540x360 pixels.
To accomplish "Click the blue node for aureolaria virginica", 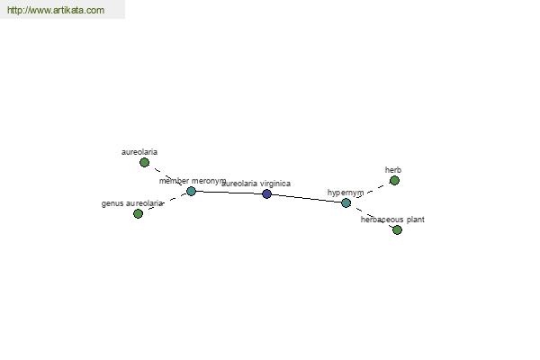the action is pyautogui.click(x=266, y=194).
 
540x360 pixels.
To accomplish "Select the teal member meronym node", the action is pyautogui.click(x=191, y=191).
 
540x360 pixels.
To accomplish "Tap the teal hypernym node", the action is pyautogui.click(x=346, y=202).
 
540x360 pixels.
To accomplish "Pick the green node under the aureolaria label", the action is pyautogui.click(x=145, y=162).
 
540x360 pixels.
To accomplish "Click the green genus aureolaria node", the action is pyautogui.click(x=138, y=213).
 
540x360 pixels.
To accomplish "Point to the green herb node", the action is pyautogui.click(x=395, y=181).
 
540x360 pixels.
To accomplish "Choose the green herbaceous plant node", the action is pyautogui.click(x=397, y=229).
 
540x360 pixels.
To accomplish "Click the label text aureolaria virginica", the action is pyautogui.click(x=256, y=184).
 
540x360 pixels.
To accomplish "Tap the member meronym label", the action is pyautogui.click(x=193, y=181).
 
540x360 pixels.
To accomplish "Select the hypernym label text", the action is pyautogui.click(x=346, y=193).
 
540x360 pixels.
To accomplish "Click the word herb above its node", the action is pyautogui.click(x=393, y=170).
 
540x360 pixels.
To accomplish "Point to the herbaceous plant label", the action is pyautogui.click(x=392, y=220).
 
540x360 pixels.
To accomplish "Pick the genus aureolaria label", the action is pyautogui.click(x=132, y=203).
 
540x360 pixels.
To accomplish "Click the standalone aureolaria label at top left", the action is pyautogui.click(x=139, y=152).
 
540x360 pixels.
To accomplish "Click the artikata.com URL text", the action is pyautogui.click(x=56, y=10).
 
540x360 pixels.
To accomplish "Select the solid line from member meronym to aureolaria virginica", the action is pyautogui.click(x=229, y=193).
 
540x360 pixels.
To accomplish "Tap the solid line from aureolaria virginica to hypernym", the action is pyautogui.click(x=307, y=198).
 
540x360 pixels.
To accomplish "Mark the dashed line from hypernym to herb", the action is pyautogui.click(x=371, y=192).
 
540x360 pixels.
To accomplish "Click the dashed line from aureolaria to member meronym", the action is pyautogui.click(x=167, y=176).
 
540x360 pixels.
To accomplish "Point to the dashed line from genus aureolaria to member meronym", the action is pyautogui.click(x=165, y=202).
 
